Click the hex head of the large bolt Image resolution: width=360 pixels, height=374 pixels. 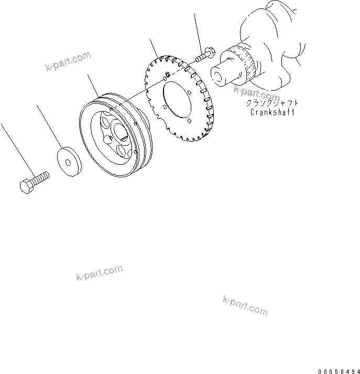click(x=27, y=186)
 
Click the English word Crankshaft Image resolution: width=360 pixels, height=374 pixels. click(x=272, y=112)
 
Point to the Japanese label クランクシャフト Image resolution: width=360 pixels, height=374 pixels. click(x=272, y=103)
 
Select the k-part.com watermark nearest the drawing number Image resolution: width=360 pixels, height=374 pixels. click(x=245, y=305)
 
